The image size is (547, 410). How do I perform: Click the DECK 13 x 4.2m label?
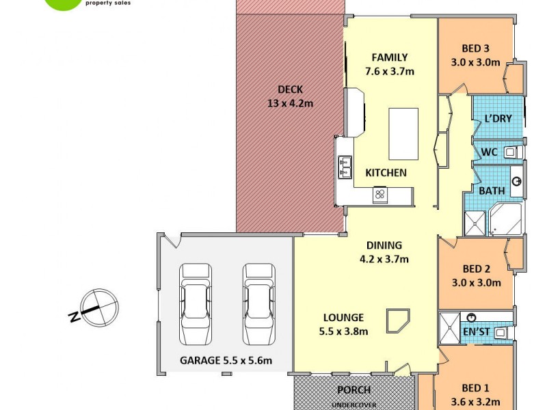point(290,96)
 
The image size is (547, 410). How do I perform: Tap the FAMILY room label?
point(390,64)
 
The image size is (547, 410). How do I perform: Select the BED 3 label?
point(475,55)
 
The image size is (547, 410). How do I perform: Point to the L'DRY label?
point(498,119)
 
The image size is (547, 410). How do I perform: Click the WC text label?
point(489,152)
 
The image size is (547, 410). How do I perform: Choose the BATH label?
point(492,191)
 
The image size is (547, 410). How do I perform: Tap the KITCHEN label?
point(386,173)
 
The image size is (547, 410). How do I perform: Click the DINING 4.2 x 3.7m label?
point(384,252)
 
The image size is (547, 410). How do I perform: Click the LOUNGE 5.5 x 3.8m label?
point(345,325)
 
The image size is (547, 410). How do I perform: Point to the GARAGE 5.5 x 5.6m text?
point(226,360)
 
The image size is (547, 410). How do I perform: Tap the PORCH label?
point(354,390)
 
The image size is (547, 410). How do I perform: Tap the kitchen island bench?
point(403,133)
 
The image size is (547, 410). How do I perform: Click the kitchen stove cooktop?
point(380,195)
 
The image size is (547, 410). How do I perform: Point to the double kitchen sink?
point(344,168)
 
